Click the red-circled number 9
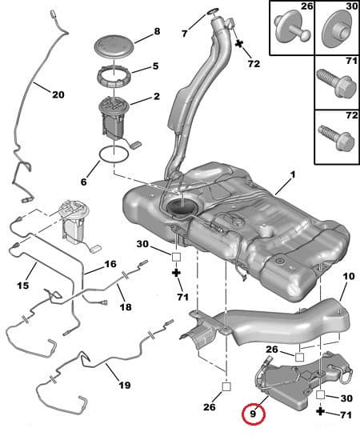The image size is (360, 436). tap(254, 414)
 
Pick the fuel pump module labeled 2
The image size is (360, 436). tap(118, 116)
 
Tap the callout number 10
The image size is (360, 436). tap(348, 276)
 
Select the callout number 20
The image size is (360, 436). tap(57, 94)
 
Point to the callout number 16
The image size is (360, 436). tap(110, 263)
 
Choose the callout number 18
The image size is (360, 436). tap(125, 306)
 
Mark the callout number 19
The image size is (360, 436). tap(125, 385)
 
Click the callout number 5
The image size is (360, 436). tap(155, 66)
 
